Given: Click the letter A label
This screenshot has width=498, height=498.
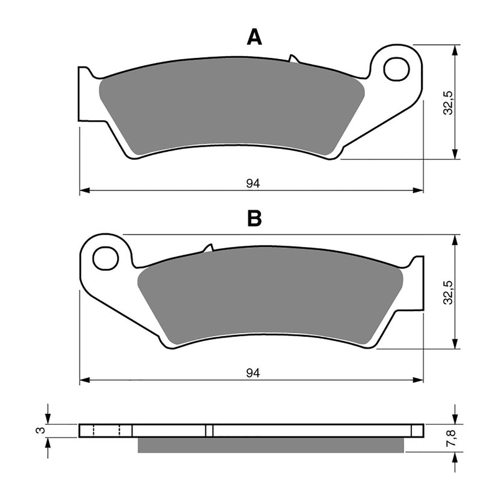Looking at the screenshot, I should pos(253,37).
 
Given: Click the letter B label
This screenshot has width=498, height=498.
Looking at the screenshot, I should pos(253,218).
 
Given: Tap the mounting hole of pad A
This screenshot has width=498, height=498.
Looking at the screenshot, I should pos(396,68).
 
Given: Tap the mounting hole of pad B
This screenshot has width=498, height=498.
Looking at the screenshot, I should pos(106,257).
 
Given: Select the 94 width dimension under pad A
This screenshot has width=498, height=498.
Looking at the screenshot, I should pos(252,183).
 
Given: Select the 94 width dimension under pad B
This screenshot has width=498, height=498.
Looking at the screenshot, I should pos(252,373).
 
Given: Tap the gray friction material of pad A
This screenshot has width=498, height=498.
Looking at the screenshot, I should pos(230,106).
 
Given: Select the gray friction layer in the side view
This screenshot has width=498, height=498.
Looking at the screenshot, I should pos(271,445).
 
